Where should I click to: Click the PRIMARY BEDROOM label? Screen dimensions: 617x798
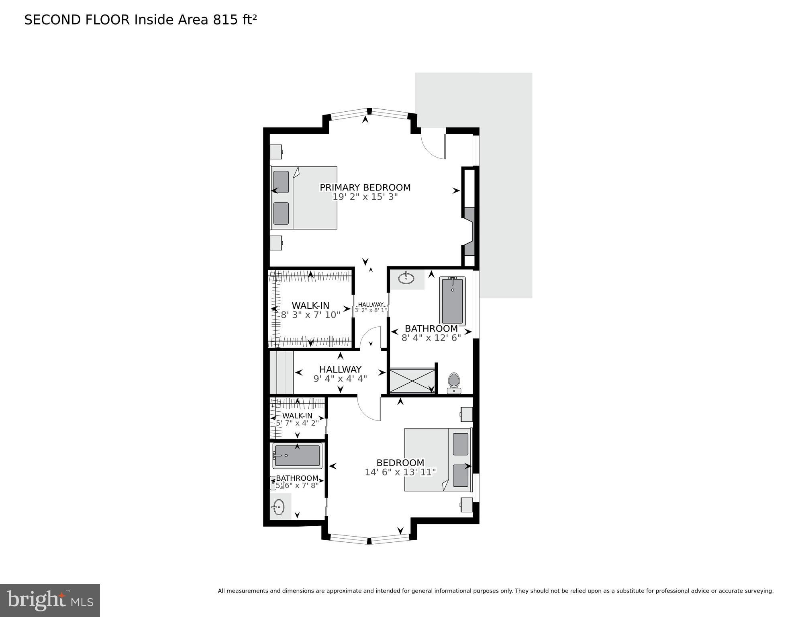365,187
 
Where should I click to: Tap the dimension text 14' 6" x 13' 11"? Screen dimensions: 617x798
400,472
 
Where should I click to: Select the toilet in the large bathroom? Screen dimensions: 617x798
454,382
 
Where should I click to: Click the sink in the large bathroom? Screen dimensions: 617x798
406,278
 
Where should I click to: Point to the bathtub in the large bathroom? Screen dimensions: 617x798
452,301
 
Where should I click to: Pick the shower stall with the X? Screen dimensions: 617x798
412,380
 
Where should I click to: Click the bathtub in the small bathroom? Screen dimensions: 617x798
297,455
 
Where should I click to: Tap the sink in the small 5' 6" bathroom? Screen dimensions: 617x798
278,507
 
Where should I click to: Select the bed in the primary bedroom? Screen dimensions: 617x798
304,198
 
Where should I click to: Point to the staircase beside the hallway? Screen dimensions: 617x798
281,373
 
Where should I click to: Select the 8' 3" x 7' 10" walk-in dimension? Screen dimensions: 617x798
310,315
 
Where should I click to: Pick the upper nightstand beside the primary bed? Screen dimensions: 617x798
276,152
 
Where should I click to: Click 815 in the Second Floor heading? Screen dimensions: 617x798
226,20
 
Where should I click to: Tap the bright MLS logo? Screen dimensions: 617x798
50,601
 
